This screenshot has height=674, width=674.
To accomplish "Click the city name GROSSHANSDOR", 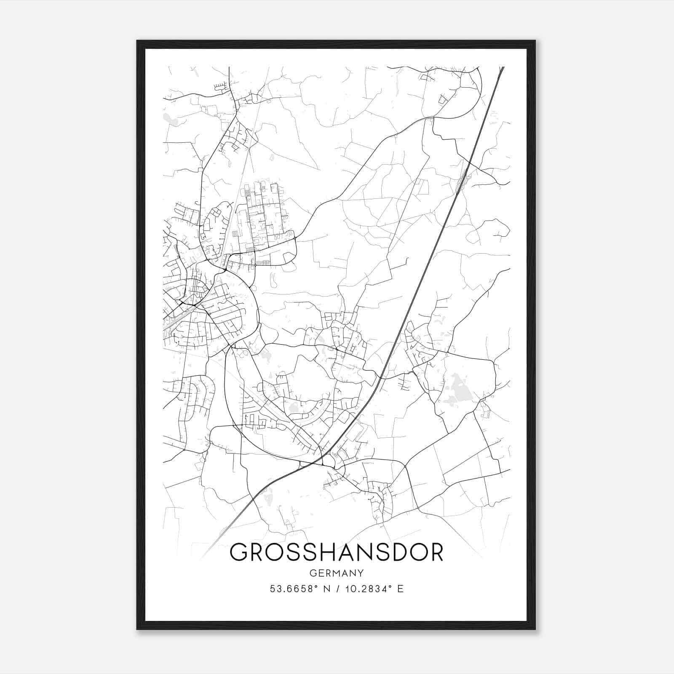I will coord(336,552).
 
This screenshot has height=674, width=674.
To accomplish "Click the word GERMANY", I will coord(336,573).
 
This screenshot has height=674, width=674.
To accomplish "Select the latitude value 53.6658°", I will coord(293,589).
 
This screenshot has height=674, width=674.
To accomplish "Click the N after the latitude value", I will coord(326,589).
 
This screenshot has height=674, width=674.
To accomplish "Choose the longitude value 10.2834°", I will coord(367,589).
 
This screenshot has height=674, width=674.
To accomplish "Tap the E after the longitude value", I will coord(400,589).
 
